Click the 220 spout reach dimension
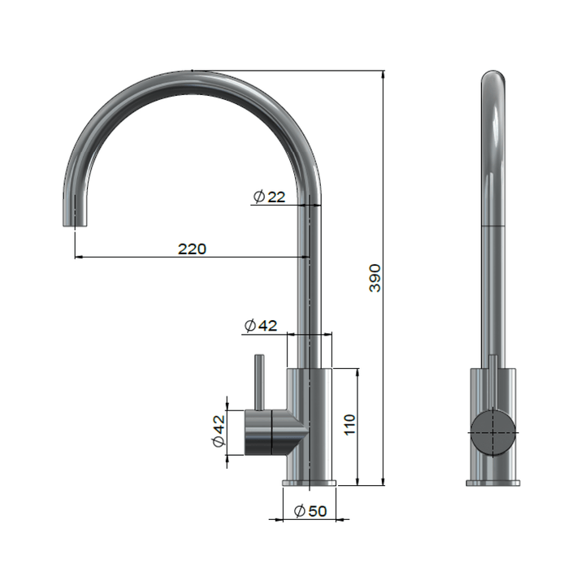point(192,249)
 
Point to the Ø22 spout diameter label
point(269,197)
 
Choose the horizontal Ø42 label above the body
point(260,326)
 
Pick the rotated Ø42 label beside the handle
point(218,431)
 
